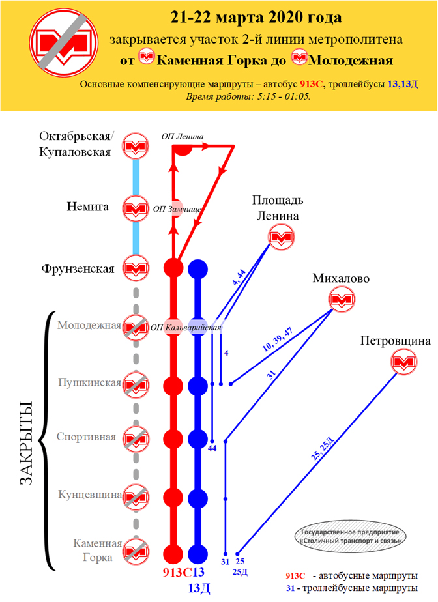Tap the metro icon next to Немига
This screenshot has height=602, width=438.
(x=136, y=209)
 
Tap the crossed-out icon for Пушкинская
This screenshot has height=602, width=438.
(x=136, y=384)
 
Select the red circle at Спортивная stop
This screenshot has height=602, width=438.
(x=173, y=437)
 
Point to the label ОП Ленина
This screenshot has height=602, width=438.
(x=182, y=137)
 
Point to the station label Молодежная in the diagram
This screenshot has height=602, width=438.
(x=89, y=326)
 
